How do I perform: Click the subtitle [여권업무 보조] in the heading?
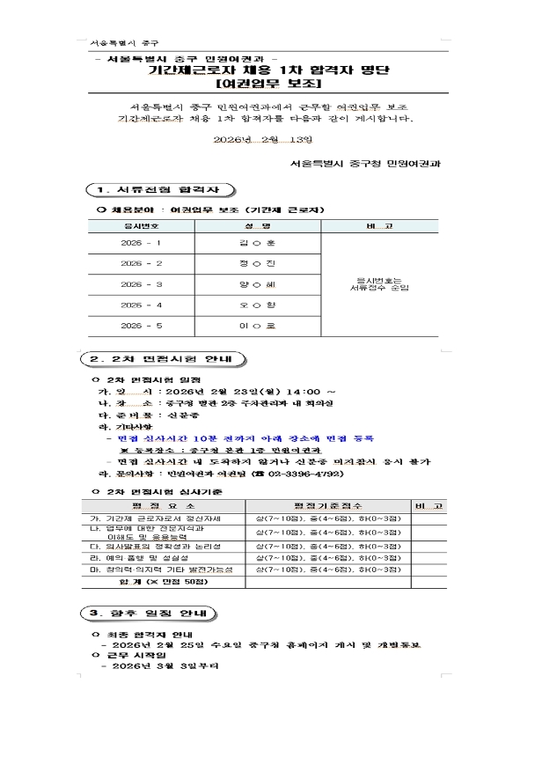tap(267, 85)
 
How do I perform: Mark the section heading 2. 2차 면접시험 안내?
tap(167, 359)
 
